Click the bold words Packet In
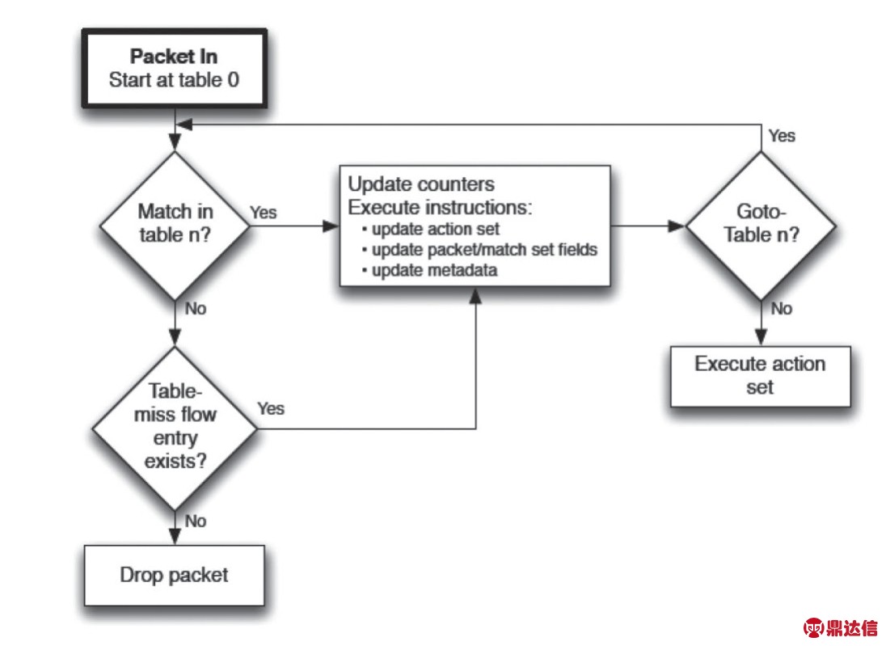(x=174, y=57)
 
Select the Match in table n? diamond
(x=175, y=226)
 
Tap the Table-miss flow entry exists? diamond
(x=175, y=429)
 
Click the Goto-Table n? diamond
(x=762, y=226)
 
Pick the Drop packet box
(x=174, y=576)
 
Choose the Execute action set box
(x=760, y=377)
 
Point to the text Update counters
(x=421, y=184)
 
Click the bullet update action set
(x=431, y=229)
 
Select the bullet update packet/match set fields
(x=479, y=250)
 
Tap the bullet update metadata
(x=429, y=270)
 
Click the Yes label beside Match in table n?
(x=264, y=213)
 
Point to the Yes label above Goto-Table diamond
(x=782, y=136)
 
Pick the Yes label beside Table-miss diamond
(x=271, y=408)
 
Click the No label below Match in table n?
(x=196, y=309)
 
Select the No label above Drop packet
(x=196, y=521)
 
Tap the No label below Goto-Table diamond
(x=782, y=309)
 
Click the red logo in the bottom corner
(x=840, y=627)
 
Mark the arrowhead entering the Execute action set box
(x=762, y=338)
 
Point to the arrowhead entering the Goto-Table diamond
(x=677, y=226)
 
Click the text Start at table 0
(x=174, y=80)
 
